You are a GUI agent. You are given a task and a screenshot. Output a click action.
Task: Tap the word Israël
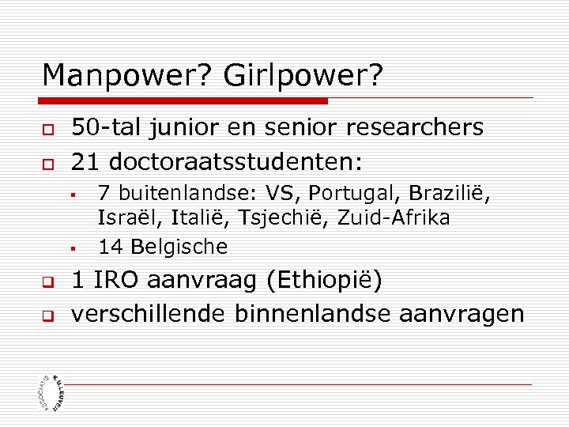click(127, 217)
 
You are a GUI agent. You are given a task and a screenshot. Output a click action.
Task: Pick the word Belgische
click(179, 247)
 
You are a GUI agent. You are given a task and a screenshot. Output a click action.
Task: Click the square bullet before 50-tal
click(48, 129)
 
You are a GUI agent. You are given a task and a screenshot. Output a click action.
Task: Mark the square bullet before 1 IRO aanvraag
click(48, 282)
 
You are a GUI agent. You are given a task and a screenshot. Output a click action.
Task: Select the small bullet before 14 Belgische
click(71, 248)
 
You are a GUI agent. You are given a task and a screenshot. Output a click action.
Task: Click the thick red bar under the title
click(184, 101)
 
